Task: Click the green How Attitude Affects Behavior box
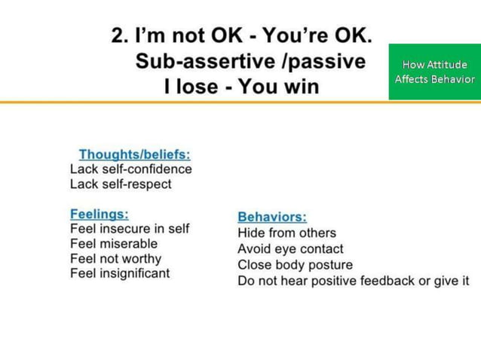pyautogui.click(x=434, y=72)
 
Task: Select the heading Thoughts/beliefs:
pyautogui.click(x=134, y=154)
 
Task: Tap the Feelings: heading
pyautogui.click(x=99, y=214)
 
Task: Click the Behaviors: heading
pyautogui.click(x=271, y=217)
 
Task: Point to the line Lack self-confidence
pyautogui.click(x=130, y=169)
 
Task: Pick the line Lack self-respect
pyautogui.click(x=121, y=184)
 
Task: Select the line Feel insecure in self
pyautogui.click(x=129, y=229)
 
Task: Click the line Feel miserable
pyautogui.click(x=114, y=244)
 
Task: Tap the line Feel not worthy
pyautogui.click(x=115, y=259)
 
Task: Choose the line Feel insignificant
pyautogui.click(x=120, y=273)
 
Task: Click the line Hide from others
pyautogui.click(x=286, y=233)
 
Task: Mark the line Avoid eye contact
pyautogui.click(x=290, y=249)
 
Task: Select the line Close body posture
pyautogui.click(x=295, y=265)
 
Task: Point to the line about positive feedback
pyautogui.click(x=353, y=281)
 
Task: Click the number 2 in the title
pyautogui.click(x=118, y=35)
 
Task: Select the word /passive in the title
pyautogui.click(x=322, y=61)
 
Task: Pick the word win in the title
pyautogui.click(x=302, y=87)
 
